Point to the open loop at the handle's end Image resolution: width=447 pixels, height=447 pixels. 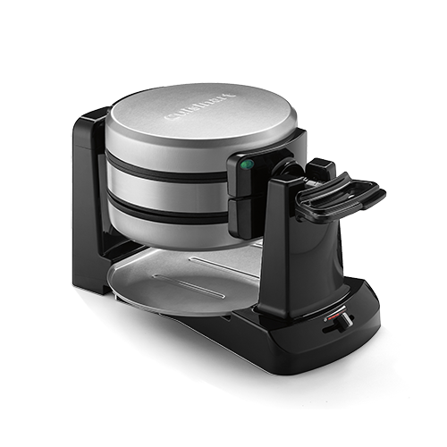(362, 196)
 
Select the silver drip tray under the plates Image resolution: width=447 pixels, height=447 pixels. (170, 282)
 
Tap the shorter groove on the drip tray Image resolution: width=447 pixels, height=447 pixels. (179, 288)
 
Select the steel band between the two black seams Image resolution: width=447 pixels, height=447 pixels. (170, 189)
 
